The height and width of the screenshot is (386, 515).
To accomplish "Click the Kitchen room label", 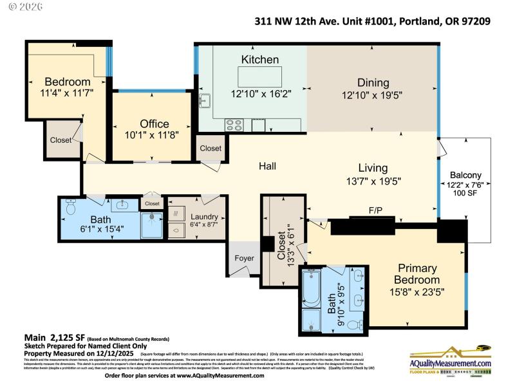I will tap(260, 60).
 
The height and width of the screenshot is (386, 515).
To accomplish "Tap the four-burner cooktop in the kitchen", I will tap(233, 124).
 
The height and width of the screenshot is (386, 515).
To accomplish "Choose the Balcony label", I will tap(465, 175).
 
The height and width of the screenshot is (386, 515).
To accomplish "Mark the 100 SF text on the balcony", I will tap(465, 193).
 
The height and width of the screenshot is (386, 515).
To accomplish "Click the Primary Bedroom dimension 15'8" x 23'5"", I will tap(418, 292).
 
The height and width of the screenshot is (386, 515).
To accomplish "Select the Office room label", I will tap(154, 124).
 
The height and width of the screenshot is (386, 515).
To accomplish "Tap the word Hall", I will tap(267, 166).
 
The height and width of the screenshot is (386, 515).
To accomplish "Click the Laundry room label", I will tap(203, 217).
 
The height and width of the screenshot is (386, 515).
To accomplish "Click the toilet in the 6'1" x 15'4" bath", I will tap(71, 208).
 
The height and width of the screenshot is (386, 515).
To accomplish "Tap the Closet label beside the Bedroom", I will tap(61, 140).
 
